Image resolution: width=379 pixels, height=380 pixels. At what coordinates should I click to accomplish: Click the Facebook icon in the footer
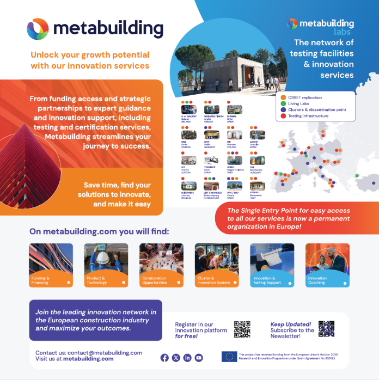(164, 358)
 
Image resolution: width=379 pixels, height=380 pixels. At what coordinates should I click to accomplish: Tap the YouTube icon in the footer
(199, 358)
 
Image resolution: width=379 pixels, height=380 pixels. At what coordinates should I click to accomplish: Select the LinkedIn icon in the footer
(187, 358)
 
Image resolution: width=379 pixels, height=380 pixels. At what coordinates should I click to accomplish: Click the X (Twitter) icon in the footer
(176, 358)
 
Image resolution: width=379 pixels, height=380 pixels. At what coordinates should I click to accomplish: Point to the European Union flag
(229, 357)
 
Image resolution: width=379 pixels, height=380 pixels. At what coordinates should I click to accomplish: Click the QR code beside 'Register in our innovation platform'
(242, 329)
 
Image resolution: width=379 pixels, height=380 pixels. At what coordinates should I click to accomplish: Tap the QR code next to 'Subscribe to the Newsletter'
(326, 328)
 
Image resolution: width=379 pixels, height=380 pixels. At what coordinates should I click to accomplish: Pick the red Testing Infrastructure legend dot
(283, 115)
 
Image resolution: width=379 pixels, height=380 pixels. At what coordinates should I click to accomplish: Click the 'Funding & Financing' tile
(51, 265)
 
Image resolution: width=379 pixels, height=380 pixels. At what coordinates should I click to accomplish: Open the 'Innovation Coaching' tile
(327, 265)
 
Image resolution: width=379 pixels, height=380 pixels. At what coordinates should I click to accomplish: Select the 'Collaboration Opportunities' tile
(161, 265)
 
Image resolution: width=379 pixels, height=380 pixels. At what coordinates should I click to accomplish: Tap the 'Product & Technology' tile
(106, 265)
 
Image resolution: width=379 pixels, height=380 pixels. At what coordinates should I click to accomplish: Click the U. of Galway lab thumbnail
(188, 109)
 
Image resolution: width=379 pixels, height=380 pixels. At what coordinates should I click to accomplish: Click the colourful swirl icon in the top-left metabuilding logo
(38, 29)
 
